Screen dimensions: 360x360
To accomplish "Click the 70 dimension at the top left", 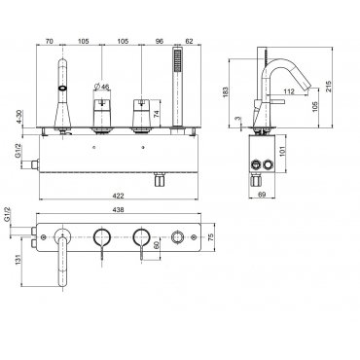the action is coord(49,41).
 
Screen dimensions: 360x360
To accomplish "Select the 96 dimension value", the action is coord(160,41).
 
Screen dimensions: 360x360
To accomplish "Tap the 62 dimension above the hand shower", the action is coord(189,41).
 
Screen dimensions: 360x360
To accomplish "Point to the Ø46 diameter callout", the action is coord(101,87).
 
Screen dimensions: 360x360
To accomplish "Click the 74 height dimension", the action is coord(157,114).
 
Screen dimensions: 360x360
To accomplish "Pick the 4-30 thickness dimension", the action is coord(19,117).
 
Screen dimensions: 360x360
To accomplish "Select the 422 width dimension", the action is coord(120,196).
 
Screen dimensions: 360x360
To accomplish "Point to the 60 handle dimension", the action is coord(157,245).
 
